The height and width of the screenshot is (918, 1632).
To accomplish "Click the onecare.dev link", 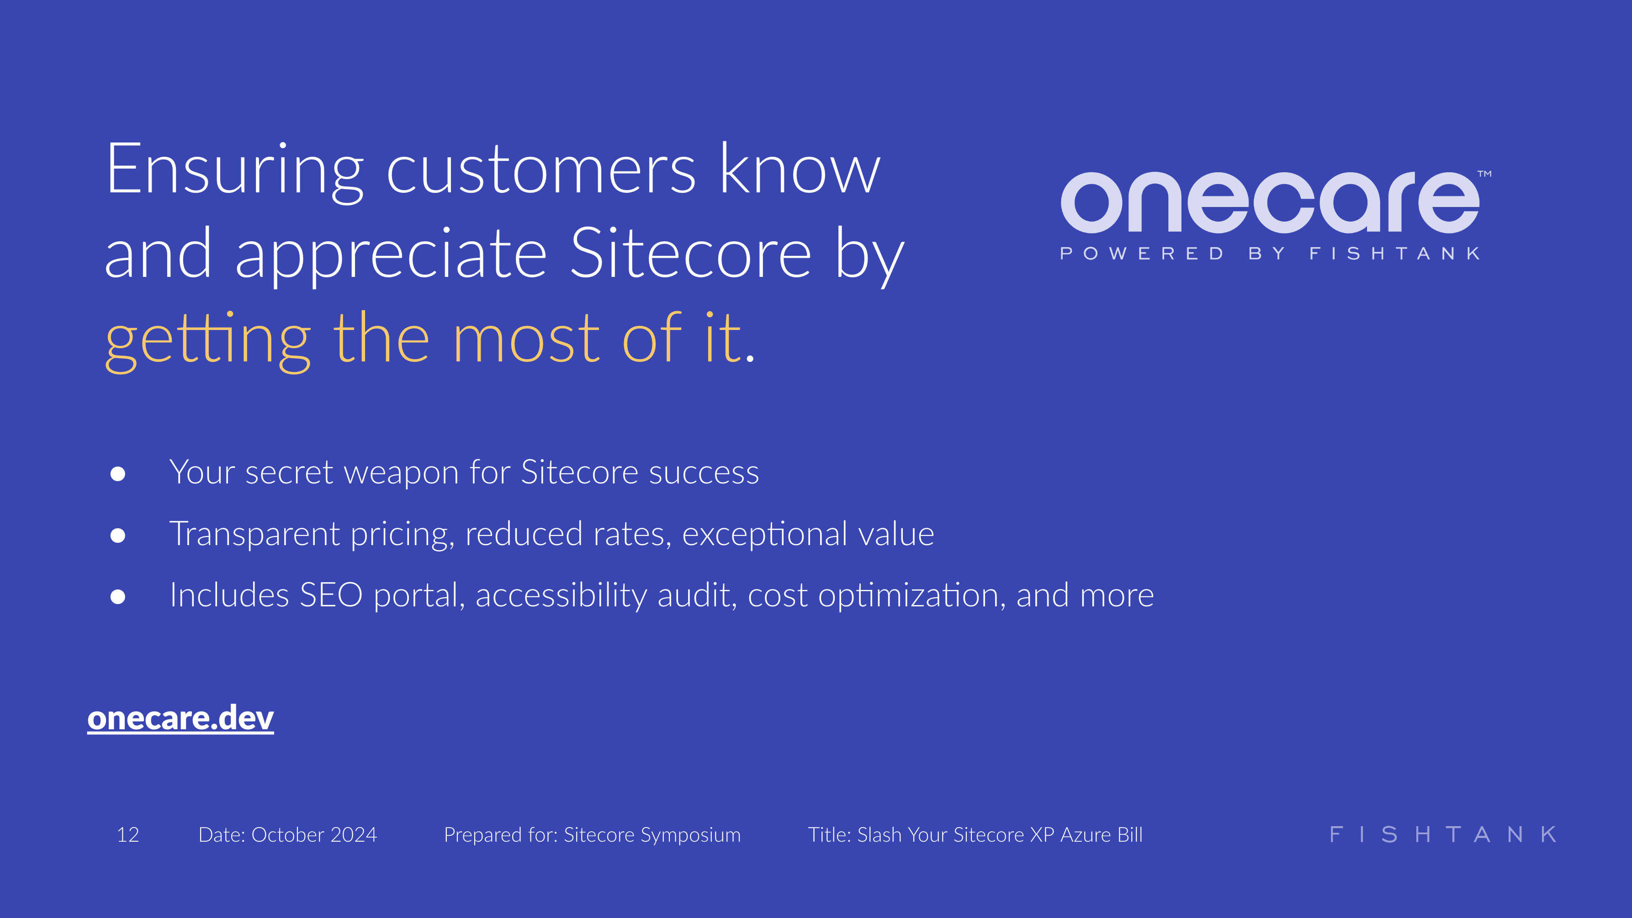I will (180, 718).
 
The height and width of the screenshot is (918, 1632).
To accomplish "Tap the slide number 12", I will (128, 835).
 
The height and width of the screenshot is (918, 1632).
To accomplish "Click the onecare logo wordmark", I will (1270, 203).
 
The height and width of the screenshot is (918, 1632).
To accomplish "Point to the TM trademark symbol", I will (1484, 174).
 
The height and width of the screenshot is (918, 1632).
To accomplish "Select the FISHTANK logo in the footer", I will (1442, 834).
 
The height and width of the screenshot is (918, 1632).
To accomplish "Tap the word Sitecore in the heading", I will (690, 255).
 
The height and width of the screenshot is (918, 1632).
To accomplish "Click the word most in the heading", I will (526, 340).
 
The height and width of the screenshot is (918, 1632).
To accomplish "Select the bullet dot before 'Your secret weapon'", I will (118, 474).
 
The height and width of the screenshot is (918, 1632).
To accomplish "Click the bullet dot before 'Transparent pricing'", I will (118, 536).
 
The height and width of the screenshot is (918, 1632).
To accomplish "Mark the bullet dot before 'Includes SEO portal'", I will (118, 596).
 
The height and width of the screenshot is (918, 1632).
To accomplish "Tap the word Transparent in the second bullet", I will (254, 534).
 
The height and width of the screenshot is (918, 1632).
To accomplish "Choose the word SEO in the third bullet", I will (331, 595).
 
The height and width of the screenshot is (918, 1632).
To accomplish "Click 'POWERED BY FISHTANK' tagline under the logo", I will (1270, 254).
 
